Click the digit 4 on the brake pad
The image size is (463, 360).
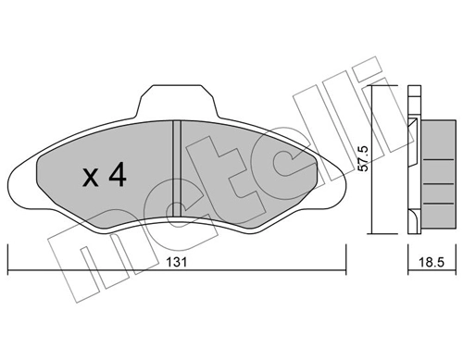coord(116,176)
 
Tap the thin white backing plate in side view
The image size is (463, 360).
coord(412,157)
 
